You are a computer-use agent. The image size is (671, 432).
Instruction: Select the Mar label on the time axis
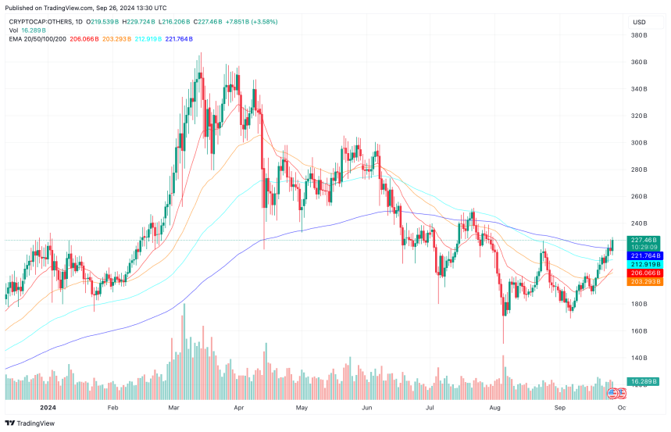tap(175, 407)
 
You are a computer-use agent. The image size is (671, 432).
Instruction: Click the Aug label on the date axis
tap(495, 407)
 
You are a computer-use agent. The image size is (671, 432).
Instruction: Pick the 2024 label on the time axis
tap(48, 407)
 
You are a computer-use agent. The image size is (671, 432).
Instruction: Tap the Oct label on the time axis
tap(621, 407)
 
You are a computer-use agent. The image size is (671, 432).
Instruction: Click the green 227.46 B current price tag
tap(644, 241)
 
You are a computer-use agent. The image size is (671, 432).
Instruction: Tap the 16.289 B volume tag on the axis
tap(645, 382)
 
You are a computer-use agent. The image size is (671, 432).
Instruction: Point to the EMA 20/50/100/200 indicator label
tap(39, 39)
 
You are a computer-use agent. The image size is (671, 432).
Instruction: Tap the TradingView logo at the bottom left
tap(31, 423)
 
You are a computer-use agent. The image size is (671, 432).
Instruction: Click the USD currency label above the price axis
tap(640, 22)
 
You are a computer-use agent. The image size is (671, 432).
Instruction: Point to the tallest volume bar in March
tap(184, 344)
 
